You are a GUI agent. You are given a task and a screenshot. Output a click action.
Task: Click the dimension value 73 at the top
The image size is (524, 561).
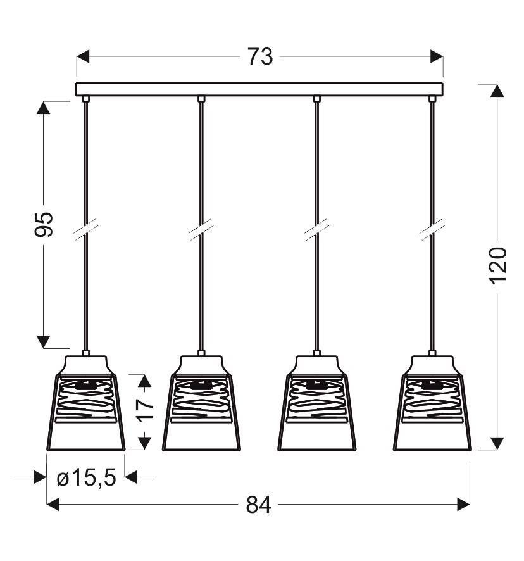pyautogui.click(x=259, y=57)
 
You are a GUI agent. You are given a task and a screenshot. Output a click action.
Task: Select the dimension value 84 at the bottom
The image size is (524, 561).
pyautogui.click(x=259, y=505)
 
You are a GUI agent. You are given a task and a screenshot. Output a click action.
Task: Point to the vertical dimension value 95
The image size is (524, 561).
pyautogui.click(x=44, y=224)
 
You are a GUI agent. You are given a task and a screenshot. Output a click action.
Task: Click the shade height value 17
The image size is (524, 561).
pyautogui.click(x=145, y=411)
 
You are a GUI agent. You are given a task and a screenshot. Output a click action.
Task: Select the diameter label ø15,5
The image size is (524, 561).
pyautogui.click(x=86, y=478)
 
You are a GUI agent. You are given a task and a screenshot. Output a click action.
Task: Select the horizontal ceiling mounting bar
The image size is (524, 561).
pyautogui.click(x=259, y=89)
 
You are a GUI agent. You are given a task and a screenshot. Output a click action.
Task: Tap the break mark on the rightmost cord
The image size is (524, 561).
pyautogui.click(x=432, y=230)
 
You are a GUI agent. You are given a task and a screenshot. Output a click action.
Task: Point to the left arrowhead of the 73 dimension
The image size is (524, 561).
pyautogui.click(x=83, y=57)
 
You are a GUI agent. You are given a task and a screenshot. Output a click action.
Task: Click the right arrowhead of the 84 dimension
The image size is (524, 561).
pyautogui.click(x=463, y=504)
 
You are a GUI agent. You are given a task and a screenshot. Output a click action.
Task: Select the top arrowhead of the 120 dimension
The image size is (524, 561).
pyautogui.click(x=497, y=90)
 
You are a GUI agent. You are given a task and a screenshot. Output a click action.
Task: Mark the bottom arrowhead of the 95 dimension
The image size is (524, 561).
pyautogui.click(x=44, y=342)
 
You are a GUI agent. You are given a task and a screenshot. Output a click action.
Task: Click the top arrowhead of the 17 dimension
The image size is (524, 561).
pyautogui.click(x=145, y=380)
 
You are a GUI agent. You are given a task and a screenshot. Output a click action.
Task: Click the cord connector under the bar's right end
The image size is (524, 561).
pyautogui.click(x=432, y=99)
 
